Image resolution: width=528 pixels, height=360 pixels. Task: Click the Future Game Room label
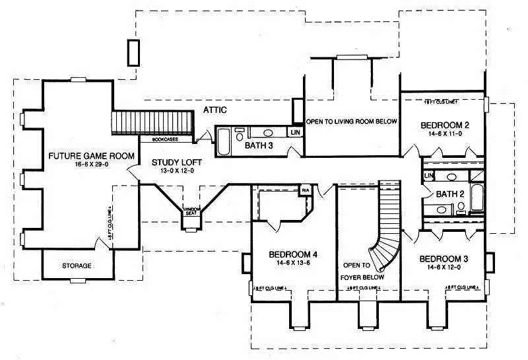tap(91, 156)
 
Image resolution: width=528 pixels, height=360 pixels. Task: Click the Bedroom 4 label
tap(293, 254)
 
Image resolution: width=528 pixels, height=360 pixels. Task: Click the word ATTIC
tap(215, 110)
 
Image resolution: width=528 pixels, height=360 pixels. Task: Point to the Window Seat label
tap(191, 210)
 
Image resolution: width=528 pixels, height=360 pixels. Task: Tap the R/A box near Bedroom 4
tap(306, 191)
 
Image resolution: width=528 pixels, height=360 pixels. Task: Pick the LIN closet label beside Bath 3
tap(294, 132)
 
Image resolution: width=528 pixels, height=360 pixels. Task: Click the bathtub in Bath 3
tap(222, 140)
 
